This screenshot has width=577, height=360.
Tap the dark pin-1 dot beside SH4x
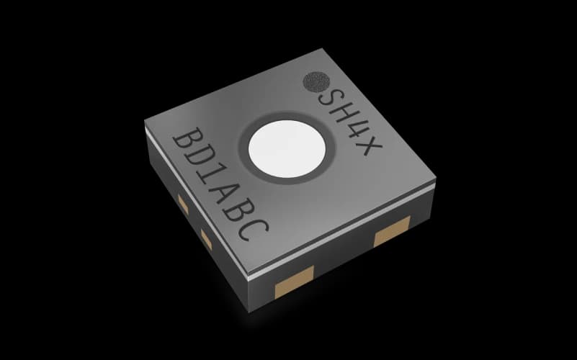tap(313, 82)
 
